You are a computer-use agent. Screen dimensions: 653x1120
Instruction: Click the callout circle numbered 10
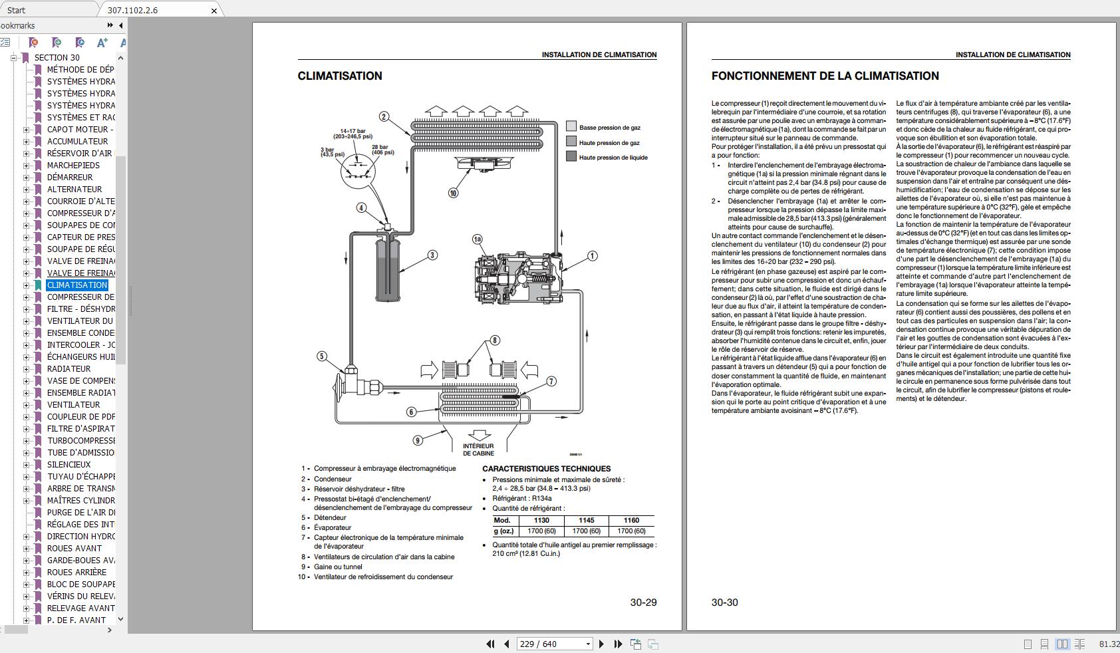pos(453,193)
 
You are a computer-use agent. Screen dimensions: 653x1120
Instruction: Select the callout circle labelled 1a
pos(477,239)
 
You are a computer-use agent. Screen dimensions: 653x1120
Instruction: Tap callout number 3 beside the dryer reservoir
pos(432,255)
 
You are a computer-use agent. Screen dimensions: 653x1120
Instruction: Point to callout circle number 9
pos(418,440)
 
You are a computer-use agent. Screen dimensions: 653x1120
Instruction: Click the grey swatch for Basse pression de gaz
pos(571,126)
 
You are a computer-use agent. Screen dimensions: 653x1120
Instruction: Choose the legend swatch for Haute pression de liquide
pos(571,156)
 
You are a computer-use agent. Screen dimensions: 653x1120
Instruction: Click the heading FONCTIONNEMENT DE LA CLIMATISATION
pos(825,76)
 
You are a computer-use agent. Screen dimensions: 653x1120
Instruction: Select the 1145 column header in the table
pos(586,521)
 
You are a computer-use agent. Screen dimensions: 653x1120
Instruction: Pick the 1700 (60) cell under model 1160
pos(631,531)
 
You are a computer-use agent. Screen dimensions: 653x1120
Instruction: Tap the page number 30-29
pos(643,602)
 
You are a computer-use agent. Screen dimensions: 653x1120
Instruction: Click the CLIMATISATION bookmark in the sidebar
pos(77,285)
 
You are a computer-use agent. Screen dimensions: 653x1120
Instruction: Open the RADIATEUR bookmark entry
pos(69,369)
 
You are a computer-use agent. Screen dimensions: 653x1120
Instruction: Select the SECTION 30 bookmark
pos(57,58)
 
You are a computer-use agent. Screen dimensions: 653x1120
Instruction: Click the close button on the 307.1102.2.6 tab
pos(214,11)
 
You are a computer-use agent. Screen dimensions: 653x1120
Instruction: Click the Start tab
pos(17,11)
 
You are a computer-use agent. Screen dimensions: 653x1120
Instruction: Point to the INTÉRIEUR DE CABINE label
pos(478,450)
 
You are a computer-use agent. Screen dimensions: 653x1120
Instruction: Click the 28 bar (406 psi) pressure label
pos(382,150)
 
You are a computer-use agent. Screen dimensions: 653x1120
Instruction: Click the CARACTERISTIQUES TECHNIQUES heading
pos(546,469)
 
